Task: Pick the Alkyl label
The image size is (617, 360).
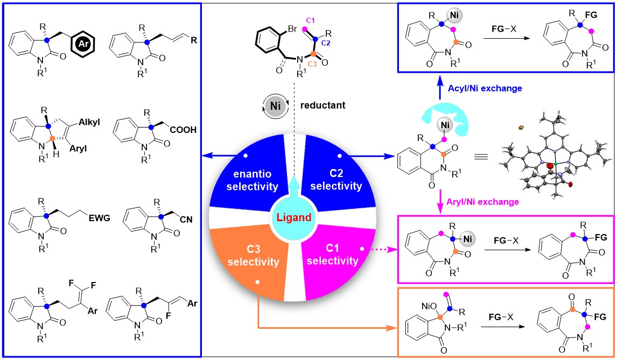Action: click(x=93, y=122)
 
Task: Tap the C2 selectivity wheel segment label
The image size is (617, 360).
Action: click(x=343, y=179)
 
